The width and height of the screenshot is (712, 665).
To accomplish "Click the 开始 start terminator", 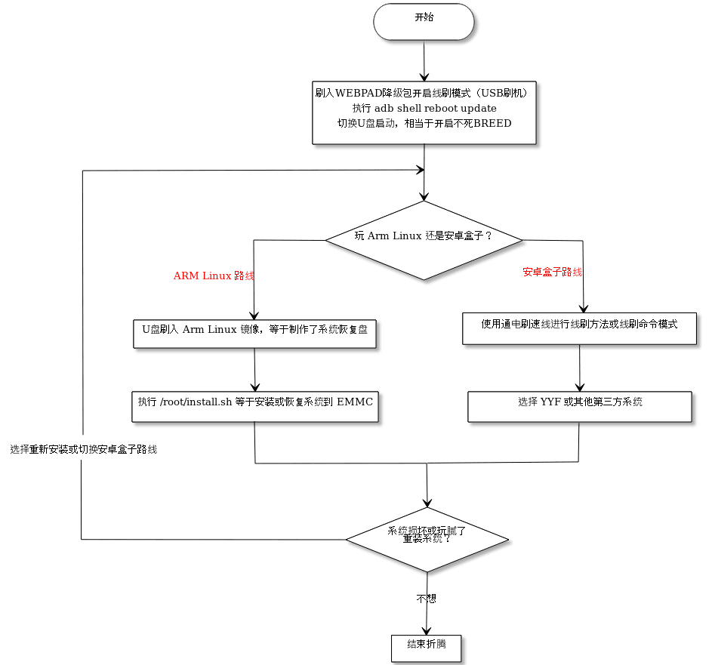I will [423, 22].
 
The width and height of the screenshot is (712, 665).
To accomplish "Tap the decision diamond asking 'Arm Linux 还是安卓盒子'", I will [424, 241].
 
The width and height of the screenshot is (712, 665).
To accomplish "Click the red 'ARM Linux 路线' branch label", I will [214, 276].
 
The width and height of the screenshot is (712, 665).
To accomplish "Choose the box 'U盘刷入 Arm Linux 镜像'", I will [254, 333].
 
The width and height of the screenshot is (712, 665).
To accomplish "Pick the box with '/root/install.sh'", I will [254, 406].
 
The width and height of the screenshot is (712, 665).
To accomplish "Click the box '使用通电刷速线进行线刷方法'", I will [579, 329].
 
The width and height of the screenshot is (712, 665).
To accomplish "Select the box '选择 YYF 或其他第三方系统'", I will [579, 406].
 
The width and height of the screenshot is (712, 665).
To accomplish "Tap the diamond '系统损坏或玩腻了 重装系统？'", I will [427, 539].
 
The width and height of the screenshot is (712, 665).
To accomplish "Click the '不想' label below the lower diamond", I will [427, 599].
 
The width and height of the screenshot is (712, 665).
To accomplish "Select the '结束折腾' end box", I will [427, 647].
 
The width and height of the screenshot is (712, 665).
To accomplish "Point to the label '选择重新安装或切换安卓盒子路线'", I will [84, 450].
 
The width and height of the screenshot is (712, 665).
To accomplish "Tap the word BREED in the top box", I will [492, 123].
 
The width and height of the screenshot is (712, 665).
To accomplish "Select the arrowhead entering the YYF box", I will [580, 386].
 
